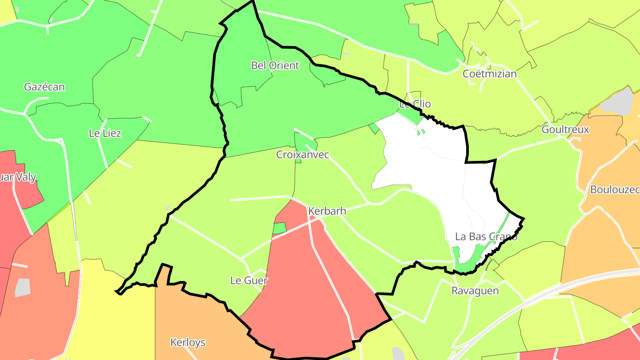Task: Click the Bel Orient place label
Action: point(275,66)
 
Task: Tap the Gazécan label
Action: point(44,87)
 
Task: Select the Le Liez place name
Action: point(105,133)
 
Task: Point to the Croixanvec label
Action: point(303,155)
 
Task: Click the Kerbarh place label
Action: point(327,211)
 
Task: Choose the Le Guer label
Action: point(249,280)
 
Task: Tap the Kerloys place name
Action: point(188,342)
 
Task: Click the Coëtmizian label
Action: point(489,74)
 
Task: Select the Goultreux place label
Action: point(565,130)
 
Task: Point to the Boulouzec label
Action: point(615,190)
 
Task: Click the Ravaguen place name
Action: point(475,291)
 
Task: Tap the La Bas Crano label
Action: point(486,236)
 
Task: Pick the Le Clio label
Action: point(415,104)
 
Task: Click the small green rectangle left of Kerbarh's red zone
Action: point(279,228)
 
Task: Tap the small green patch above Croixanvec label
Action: point(305,142)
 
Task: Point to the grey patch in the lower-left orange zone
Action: point(23,288)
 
